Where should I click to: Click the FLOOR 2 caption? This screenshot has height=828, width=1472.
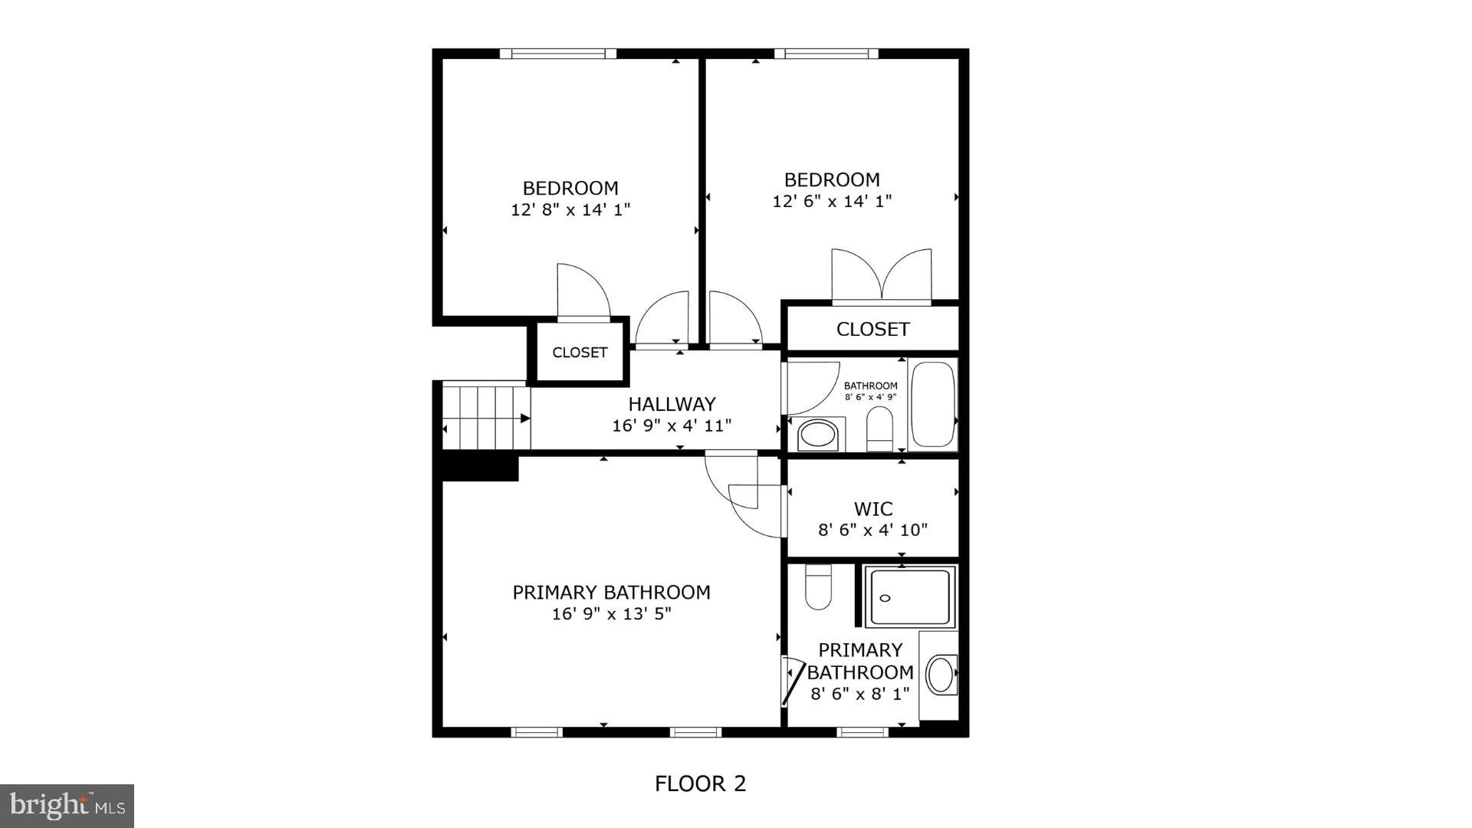pyautogui.click(x=699, y=784)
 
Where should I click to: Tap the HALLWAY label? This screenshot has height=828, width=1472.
pyautogui.click(x=672, y=404)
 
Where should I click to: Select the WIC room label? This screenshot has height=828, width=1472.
pyautogui.click(x=873, y=509)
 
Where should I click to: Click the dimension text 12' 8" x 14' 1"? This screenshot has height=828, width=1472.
pyautogui.click(x=570, y=209)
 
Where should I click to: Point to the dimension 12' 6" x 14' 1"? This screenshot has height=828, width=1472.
pyautogui.click(x=832, y=201)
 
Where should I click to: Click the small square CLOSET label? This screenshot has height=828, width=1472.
pyautogui.click(x=580, y=353)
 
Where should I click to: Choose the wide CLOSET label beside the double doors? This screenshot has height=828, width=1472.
pyautogui.click(x=872, y=329)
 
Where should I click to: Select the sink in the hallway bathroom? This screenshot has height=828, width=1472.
pyautogui.click(x=817, y=435)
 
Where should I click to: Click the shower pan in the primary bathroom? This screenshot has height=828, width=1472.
pyautogui.click(x=910, y=597)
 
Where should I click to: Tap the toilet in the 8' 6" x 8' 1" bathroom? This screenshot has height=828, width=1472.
pyautogui.click(x=819, y=587)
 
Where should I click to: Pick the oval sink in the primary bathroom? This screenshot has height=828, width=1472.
pyautogui.click(x=940, y=675)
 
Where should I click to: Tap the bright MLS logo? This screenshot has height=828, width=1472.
pyautogui.click(x=67, y=806)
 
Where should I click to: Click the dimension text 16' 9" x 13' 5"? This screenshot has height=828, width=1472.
pyautogui.click(x=611, y=613)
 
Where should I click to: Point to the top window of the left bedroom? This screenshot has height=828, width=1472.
pyautogui.click(x=557, y=54)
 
